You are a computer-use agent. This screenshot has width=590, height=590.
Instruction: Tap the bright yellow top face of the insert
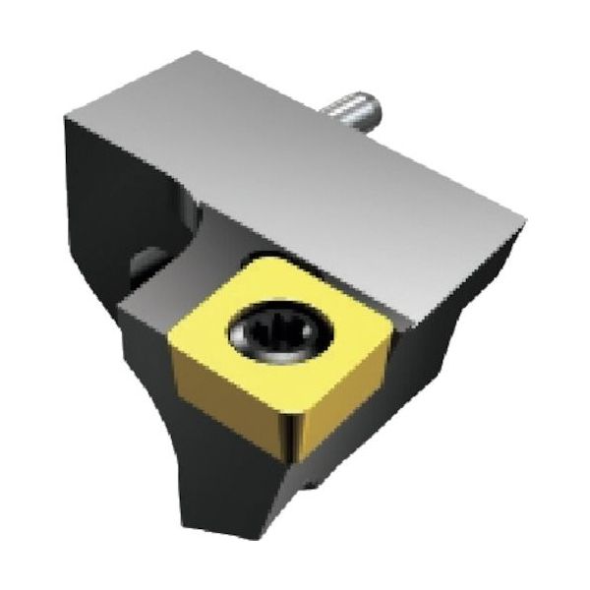pos(305,315)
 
